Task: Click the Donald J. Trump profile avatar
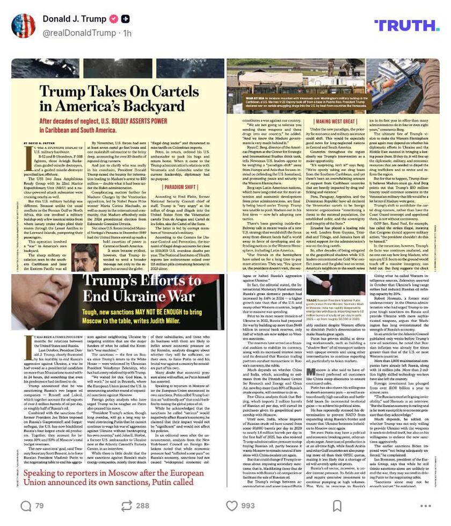[23, 26]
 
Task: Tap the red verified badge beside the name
[114, 19]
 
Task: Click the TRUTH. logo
[406, 25]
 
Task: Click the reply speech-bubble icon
[26, 506]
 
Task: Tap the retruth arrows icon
[127, 506]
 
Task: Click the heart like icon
[231, 506]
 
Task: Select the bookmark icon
[337, 506]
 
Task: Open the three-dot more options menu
[425, 506]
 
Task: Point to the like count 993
[248, 506]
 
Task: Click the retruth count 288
[143, 506]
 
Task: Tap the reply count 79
[39, 506]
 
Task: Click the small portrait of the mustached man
[85, 260]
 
